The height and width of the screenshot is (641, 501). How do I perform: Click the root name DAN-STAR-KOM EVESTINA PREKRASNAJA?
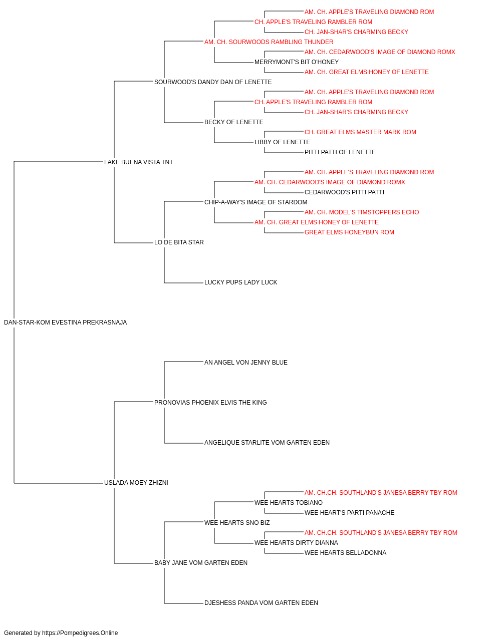click(x=65, y=323)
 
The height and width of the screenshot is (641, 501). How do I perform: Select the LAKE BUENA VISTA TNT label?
click(x=138, y=162)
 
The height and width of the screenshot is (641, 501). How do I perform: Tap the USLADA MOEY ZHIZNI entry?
click(x=136, y=483)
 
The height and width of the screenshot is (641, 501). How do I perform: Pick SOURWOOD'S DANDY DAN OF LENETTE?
click(x=213, y=82)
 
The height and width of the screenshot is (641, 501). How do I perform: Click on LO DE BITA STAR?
click(x=179, y=242)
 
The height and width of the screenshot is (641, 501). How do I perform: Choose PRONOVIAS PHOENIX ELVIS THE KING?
click(x=210, y=402)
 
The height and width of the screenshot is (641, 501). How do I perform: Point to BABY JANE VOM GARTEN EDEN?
click(x=200, y=562)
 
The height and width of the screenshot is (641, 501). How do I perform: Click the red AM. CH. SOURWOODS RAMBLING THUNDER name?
click(x=269, y=42)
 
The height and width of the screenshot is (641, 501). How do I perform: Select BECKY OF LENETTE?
click(x=233, y=122)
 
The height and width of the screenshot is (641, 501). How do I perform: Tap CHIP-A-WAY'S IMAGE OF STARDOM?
click(x=256, y=202)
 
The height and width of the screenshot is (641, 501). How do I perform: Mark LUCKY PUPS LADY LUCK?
click(x=241, y=282)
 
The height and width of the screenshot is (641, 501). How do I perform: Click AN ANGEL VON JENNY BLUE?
click(x=246, y=362)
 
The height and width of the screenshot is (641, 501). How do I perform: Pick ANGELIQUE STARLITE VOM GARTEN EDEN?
click(x=267, y=443)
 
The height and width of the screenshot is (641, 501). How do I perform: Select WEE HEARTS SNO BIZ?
click(x=237, y=523)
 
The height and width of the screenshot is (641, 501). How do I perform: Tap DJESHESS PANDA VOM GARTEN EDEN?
click(x=261, y=602)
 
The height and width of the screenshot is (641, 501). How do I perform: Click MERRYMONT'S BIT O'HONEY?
click(x=297, y=62)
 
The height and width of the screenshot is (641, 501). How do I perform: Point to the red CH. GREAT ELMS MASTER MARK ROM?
click(x=360, y=132)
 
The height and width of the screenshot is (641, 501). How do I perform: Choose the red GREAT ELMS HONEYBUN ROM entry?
click(x=349, y=232)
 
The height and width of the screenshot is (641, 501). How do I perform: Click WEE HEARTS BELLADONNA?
click(x=345, y=552)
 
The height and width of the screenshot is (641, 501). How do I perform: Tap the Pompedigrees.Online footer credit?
click(x=61, y=633)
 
